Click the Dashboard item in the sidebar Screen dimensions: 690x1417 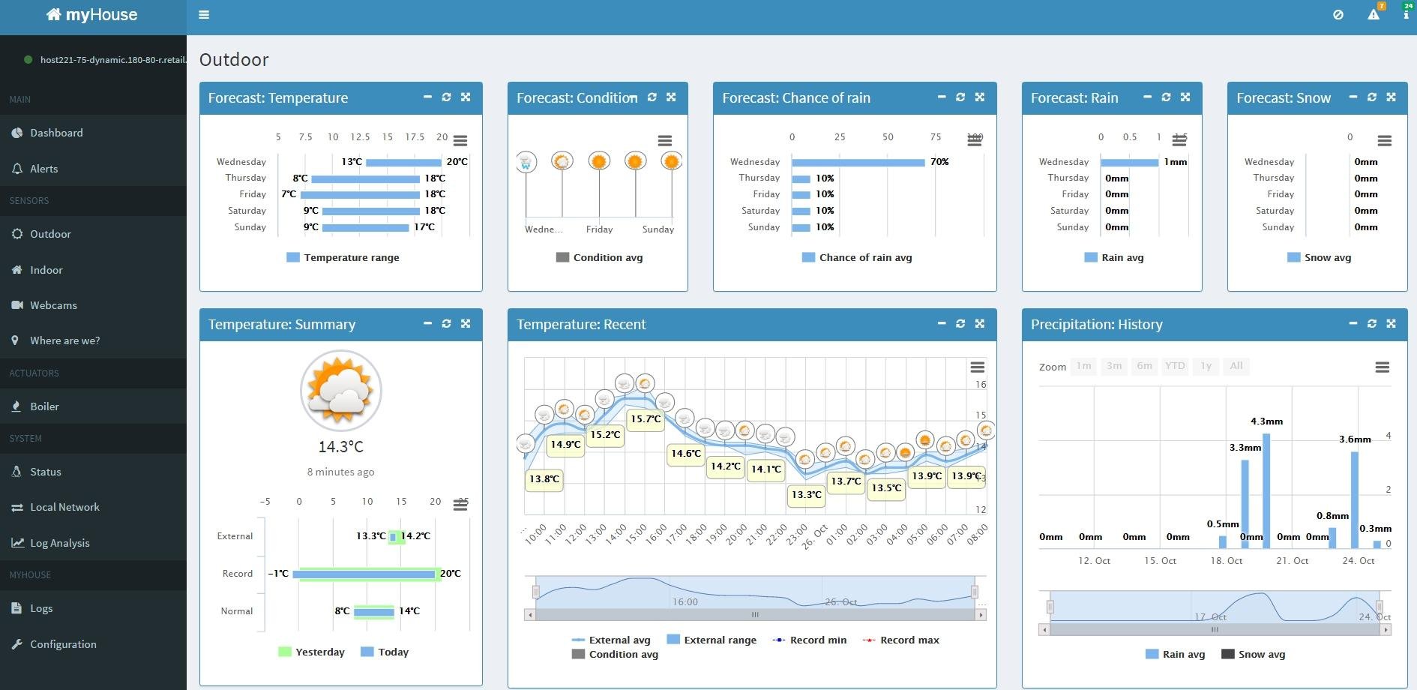click(x=56, y=133)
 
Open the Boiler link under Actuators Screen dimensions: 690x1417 click(x=44, y=406)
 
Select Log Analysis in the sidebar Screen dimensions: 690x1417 click(x=59, y=543)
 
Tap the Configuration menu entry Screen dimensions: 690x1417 click(x=63, y=644)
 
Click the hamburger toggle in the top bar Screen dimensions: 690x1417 click(x=204, y=14)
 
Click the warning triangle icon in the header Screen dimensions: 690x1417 click(x=1374, y=14)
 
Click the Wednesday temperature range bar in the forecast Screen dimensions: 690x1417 click(x=403, y=162)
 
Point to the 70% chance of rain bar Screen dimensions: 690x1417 click(x=858, y=162)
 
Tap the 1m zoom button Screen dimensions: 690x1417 click(x=1083, y=366)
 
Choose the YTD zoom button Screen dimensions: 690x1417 click(x=1175, y=366)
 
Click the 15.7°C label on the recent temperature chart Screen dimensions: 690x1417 click(x=646, y=419)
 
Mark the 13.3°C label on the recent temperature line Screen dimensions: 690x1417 click(x=807, y=495)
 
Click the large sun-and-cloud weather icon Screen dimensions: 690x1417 click(x=341, y=391)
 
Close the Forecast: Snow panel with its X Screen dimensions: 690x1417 click(x=1391, y=97)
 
